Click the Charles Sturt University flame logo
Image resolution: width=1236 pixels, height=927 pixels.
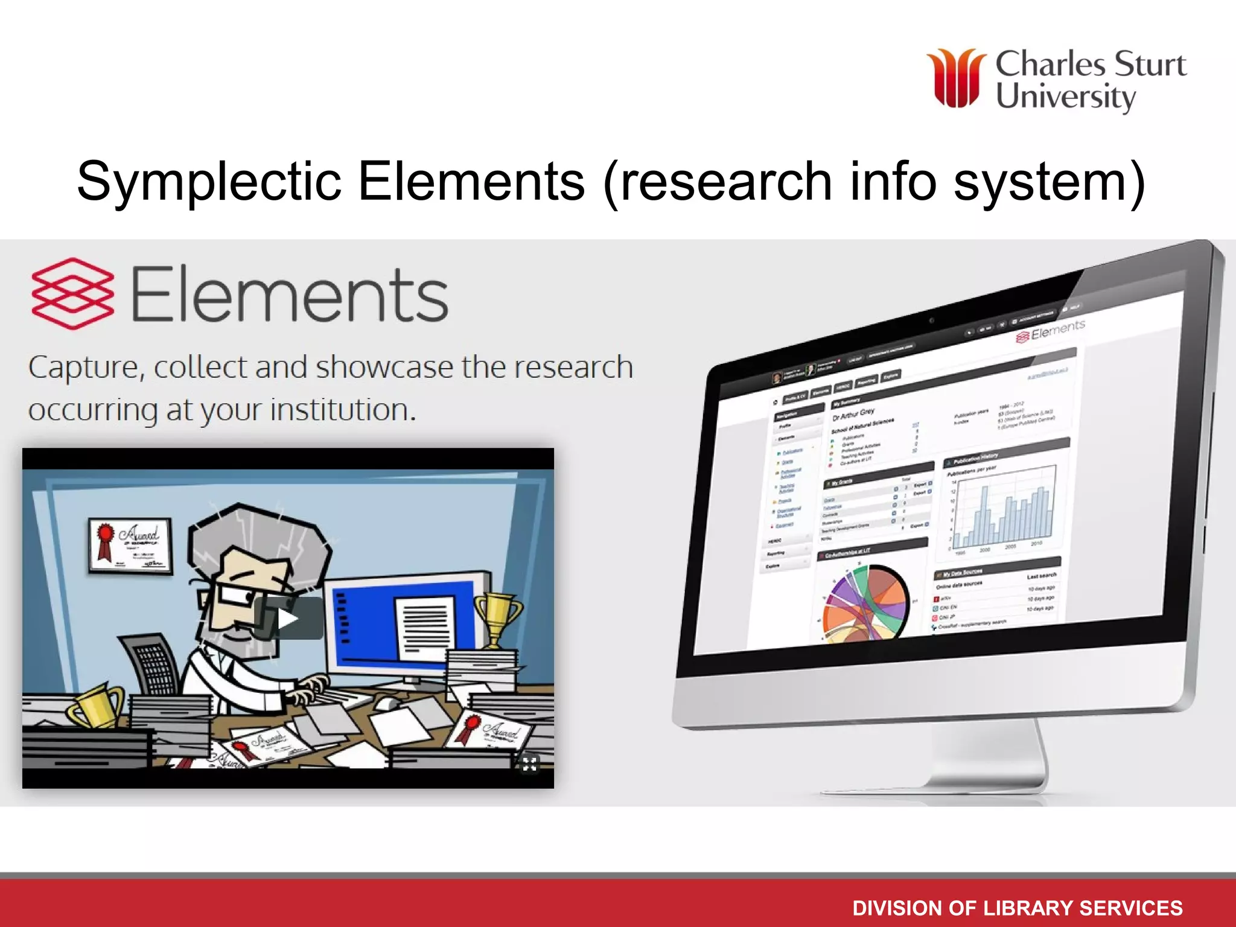pyautogui.click(x=956, y=78)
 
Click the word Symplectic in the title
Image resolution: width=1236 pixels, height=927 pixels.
pyautogui.click(x=209, y=181)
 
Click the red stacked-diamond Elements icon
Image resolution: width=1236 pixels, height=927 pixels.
pyautogui.click(x=72, y=294)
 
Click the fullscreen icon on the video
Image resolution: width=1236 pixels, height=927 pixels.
pyautogui.click(x=529, y=764)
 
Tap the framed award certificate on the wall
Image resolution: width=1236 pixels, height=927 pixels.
pyautogui.click(x=130, y=545)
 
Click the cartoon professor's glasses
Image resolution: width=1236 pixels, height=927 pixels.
pyautogui.click(x=235, y=594)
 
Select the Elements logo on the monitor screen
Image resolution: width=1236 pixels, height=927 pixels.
pyautogui.click(x=1050, y=331)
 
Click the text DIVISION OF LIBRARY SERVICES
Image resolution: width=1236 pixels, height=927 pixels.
pyautogui.click(x=1017, y=908)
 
